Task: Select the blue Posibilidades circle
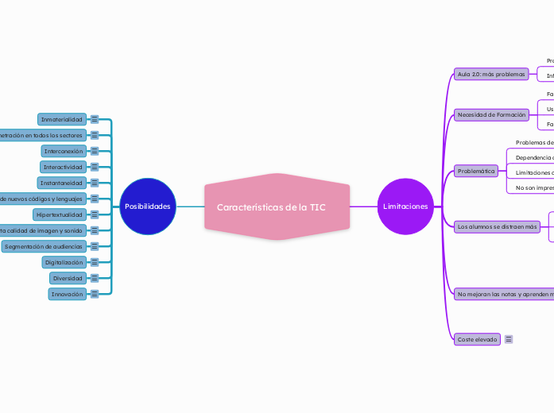click(147, 206)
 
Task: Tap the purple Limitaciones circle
click(405, 206)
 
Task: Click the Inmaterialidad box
click(62, 119)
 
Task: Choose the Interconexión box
click(63, 151)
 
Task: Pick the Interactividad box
click(63, 167)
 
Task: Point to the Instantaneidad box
click(62, 183)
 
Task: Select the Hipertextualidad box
click(59, 214)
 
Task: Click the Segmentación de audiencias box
click(43, 246)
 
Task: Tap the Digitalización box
click(64, 262)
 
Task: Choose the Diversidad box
click(67, 278)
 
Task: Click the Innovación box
click(67, 294)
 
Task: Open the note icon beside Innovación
click(95, 294)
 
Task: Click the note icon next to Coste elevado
click(509, 339)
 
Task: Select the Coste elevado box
click(477, 339)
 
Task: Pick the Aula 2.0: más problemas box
click(491, 74)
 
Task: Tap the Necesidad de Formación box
click(491, 114)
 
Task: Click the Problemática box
click(476, 171)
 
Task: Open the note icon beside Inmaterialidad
click(95, 119)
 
